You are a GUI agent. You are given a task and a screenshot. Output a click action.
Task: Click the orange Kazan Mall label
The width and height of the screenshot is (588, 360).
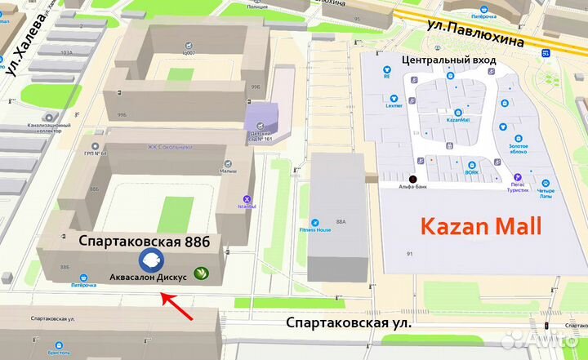481,226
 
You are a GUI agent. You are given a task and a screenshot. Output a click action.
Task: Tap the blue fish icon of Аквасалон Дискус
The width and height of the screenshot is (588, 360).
150,260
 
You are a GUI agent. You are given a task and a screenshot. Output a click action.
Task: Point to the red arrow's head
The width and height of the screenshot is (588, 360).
163,295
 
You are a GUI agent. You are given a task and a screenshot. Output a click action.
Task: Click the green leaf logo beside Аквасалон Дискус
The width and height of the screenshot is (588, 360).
200,273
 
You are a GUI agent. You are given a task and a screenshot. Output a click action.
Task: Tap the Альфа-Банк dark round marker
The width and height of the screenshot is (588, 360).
412,179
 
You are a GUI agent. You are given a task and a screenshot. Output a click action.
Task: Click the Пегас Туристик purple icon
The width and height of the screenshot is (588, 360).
517,177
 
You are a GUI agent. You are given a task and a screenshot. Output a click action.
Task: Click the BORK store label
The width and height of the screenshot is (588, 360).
473,173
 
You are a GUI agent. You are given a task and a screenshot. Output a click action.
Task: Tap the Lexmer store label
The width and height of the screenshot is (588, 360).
394,106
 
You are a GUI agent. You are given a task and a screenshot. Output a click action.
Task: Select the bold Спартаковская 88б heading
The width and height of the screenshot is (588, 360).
145,242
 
